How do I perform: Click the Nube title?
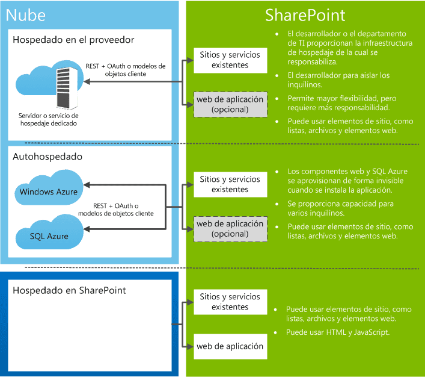click(25, 15)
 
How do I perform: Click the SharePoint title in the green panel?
click(305, 15)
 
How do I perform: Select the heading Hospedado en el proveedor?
click(73, 40)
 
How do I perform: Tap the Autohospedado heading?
click(47, 157)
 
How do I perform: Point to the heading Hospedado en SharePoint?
click(69, 291)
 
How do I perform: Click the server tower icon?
click(67, 88)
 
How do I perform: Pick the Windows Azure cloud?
click(49, 187)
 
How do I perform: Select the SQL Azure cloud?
click(49, 232)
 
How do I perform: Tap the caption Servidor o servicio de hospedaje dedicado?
click(49, 119)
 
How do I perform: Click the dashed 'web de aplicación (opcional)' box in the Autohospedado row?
click(230, 229)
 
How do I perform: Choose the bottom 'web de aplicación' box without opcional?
click(230, 346)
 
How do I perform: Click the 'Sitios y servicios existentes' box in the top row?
click(230, 60)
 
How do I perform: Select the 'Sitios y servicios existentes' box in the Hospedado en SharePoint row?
click(230, 302)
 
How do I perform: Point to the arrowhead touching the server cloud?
click(87, 81)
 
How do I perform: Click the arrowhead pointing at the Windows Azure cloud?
click(87, 185)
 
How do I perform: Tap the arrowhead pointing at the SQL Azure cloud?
click(87, 229)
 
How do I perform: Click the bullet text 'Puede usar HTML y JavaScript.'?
click(338, 332)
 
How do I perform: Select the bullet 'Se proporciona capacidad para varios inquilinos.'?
click(340, 208)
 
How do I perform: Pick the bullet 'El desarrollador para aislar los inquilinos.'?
click(338, 80)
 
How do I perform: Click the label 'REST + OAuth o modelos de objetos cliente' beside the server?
click(126, 70)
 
